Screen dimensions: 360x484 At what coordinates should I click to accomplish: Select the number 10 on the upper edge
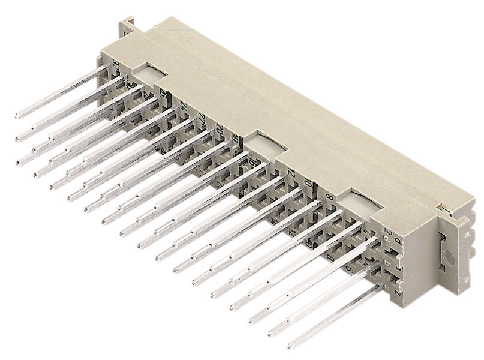tap(308, 183)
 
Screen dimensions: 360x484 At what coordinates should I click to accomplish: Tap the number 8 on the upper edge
tap(328, 195)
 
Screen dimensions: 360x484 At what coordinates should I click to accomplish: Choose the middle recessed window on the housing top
tap(265, 144)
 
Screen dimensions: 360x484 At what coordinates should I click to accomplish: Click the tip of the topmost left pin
tap(17, 115)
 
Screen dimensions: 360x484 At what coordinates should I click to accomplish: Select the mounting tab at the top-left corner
tap(127, 28)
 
